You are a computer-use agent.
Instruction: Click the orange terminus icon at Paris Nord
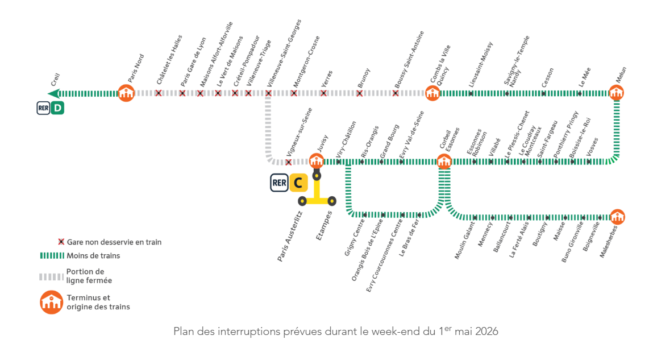[126, 93]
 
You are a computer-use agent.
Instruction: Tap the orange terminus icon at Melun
[617, 93]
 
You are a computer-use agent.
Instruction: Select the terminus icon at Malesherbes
[617, 217]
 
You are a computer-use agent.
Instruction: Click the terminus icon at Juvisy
[317, 161]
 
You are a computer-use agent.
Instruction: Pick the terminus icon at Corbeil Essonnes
[444, 161]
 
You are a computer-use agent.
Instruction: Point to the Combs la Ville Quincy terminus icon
[432, 93]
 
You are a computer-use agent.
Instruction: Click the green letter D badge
[57, 107]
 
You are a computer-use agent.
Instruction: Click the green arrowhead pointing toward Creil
[52, 93]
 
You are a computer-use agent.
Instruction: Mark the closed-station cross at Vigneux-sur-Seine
[289, 162]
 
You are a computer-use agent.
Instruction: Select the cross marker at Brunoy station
[359, 93]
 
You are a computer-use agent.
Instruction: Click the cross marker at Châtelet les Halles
[159, 93]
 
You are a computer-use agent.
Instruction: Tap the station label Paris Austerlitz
[289, 236]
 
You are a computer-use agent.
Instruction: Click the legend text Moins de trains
[93, 256]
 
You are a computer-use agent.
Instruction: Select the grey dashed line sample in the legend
[51, 276]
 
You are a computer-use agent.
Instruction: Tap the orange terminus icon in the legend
[51, 302]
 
